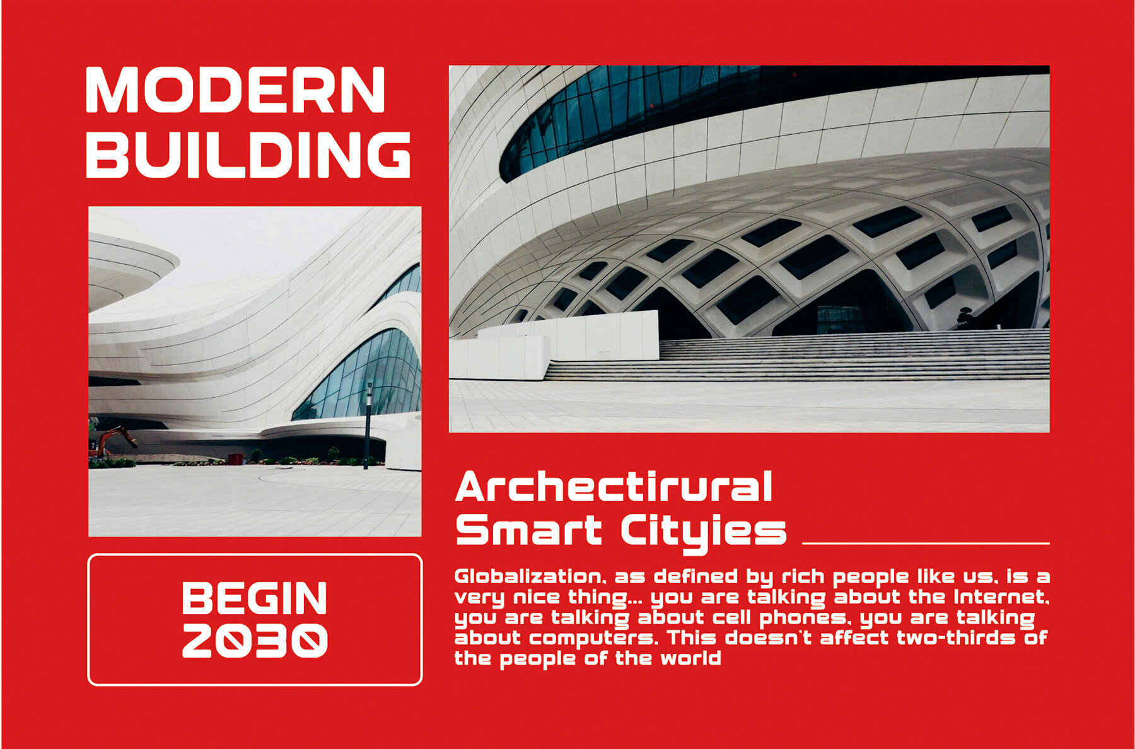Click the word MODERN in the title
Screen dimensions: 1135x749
[235, 90]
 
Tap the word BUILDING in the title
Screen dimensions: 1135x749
[248, 154]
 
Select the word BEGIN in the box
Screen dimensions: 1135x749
[255, 598]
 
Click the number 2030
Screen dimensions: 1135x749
[255, 640]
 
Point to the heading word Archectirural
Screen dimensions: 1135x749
[614, 487]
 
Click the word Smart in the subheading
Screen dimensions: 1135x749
[528, 530]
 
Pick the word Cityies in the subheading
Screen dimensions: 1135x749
[704, 533]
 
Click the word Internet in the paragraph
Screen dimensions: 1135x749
[1001, 596]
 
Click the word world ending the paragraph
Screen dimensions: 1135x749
[690, 658]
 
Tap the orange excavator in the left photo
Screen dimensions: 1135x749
[112, 440]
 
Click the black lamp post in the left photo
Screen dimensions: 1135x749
[368, 425]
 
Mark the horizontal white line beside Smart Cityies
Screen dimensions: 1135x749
[926, 543]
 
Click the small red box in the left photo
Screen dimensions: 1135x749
[235, 459]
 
